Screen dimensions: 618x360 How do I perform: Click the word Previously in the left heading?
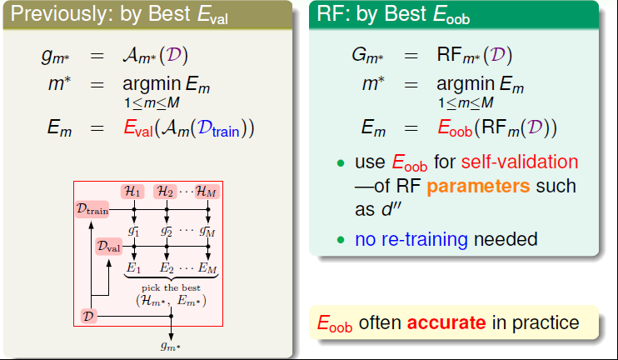coord(58,14)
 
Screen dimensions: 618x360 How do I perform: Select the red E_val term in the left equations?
coord(138,128)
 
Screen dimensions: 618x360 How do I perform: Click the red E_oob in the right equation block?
coord(455,127)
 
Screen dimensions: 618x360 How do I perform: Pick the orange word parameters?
coord(478,187)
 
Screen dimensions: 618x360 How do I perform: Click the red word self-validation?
coord(520,162)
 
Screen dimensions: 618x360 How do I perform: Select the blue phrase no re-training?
coord(411,239)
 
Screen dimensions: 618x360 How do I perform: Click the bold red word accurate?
coord(446,323)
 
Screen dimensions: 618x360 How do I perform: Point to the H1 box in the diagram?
coord(132,192)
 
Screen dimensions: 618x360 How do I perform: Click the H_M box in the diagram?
coord(207,192)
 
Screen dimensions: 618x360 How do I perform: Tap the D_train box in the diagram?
coord(92,209)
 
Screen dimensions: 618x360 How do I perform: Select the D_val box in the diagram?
coord(109,247)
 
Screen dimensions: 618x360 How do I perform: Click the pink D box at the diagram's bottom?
coord(88,316)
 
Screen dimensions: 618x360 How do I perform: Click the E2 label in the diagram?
coord(167,268)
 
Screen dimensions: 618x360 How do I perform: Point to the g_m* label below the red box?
coord(171,347)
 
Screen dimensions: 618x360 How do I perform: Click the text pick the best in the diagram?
coord(171,287)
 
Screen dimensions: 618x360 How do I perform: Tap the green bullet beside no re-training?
coord(341,240)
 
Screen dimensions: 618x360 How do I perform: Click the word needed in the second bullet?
coord(506,239)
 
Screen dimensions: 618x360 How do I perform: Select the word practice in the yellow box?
coord(546,323)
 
